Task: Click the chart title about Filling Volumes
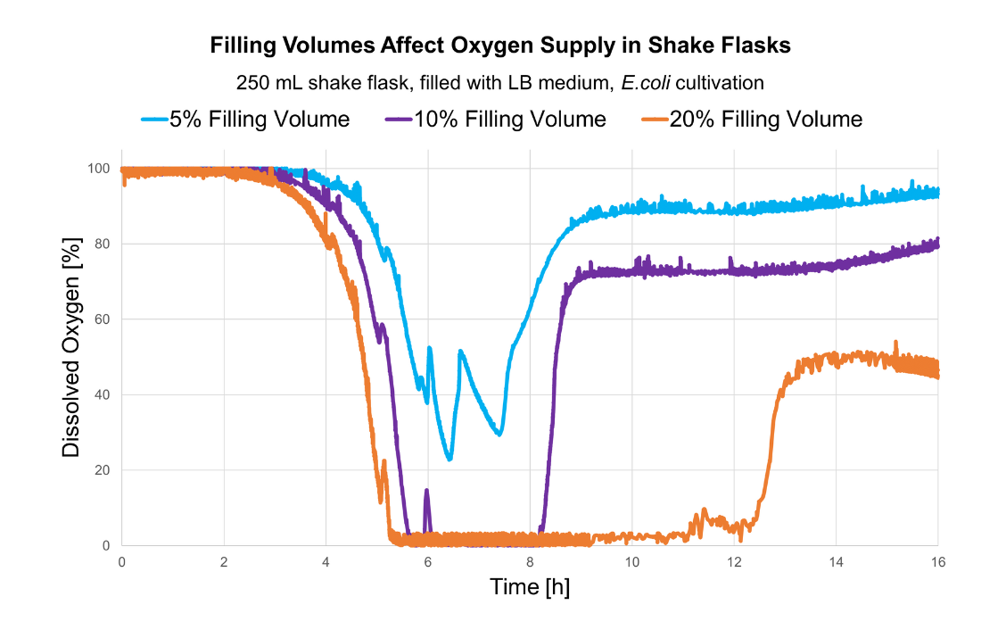coord(499,46)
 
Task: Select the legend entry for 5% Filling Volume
coord(259,119)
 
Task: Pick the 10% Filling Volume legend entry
coord(510,119)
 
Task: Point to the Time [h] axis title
coord(530,588)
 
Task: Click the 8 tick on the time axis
coord(530,562)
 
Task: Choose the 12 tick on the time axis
coord(734,562)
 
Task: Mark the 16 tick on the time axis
coord(937,562)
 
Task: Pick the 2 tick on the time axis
coord(224,562)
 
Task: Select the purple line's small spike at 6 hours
coord(427,491)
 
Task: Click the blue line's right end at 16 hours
coord(936,192)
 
